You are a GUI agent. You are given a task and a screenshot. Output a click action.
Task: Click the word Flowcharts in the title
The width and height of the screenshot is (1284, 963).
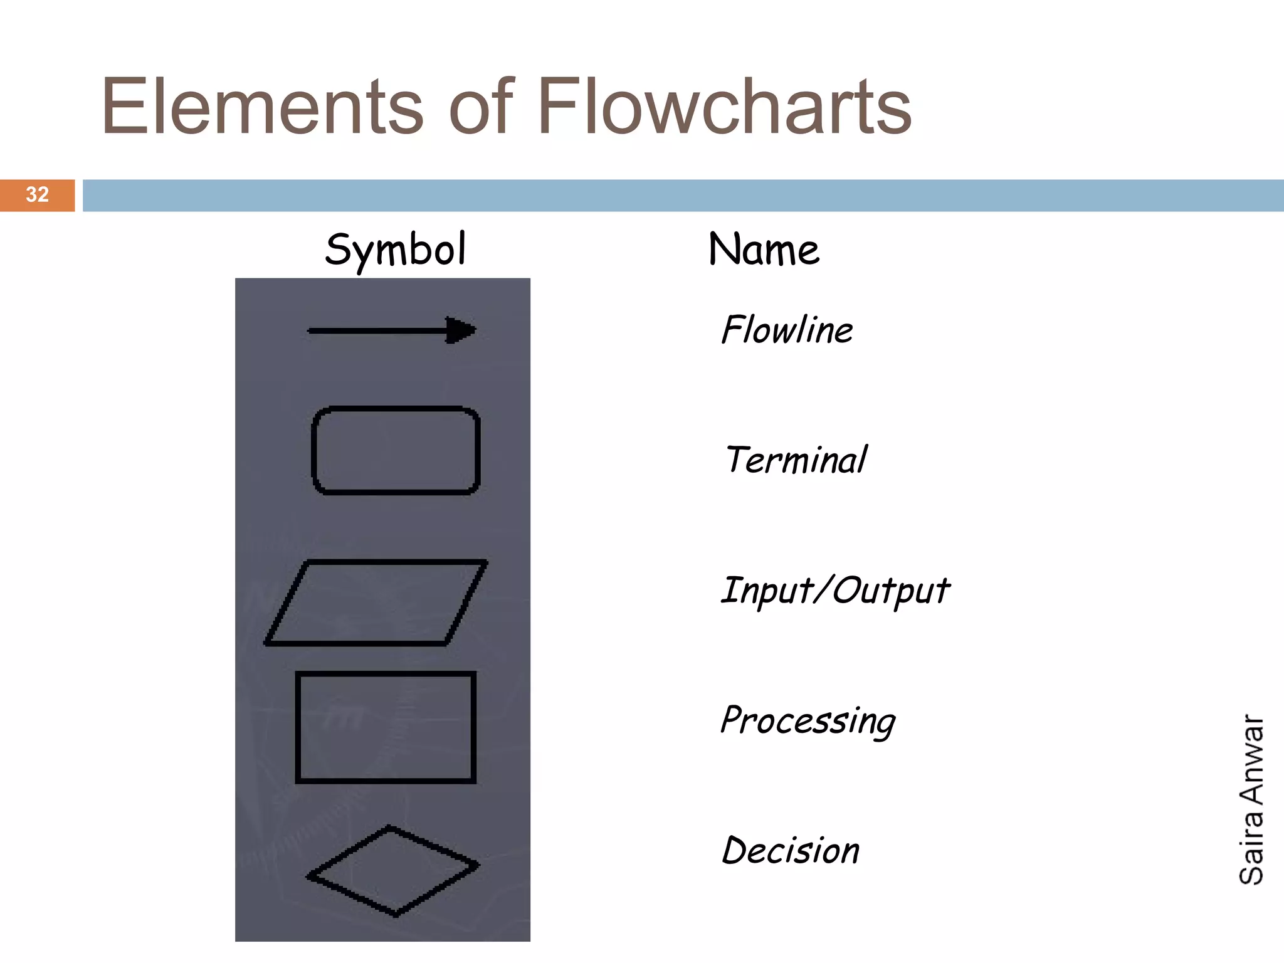point(724,107)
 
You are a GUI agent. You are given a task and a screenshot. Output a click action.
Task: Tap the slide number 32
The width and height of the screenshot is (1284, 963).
point(37,194)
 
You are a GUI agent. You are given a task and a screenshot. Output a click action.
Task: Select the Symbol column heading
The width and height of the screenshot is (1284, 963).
point(396,250)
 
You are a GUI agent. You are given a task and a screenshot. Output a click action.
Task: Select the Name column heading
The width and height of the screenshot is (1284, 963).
point(764,250)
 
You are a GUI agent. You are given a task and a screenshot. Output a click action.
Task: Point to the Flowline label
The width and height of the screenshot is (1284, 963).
point(787,330)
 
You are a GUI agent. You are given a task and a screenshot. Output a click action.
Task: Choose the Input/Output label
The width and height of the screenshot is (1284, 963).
point(835,591)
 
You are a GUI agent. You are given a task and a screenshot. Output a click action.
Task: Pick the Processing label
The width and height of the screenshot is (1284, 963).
point(808,721)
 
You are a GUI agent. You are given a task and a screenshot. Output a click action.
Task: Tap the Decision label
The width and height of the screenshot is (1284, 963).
point(791,851)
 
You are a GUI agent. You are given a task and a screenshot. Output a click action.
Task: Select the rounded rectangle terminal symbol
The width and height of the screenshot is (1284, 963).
point(396,450)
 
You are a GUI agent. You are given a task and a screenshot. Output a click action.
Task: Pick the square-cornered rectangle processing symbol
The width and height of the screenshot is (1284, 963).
point(386,727)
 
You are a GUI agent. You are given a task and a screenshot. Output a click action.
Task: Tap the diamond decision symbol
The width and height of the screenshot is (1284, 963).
point(393,871)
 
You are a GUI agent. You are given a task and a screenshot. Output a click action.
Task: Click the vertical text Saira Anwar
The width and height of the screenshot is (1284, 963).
point(1251,799)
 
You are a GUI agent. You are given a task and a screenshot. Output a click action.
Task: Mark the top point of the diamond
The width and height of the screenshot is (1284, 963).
point(389,828)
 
